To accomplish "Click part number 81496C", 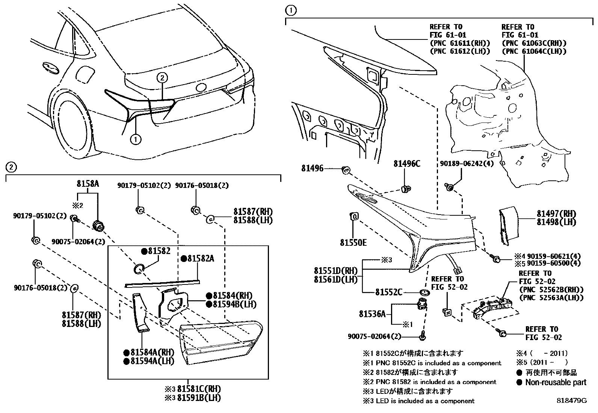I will coord(407,164).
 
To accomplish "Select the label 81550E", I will coord(353,243).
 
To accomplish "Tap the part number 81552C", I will coord(388,292).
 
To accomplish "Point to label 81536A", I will coord(372,314).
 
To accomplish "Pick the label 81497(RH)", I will coord(556,214).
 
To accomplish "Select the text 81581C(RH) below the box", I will coord(199,389).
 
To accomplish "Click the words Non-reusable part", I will coord(556,383).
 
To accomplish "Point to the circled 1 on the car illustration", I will coord(135,140).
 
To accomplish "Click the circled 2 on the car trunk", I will coord(162,78).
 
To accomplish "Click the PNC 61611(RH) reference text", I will coord(460,43).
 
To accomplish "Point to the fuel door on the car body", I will coord(83,76).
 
